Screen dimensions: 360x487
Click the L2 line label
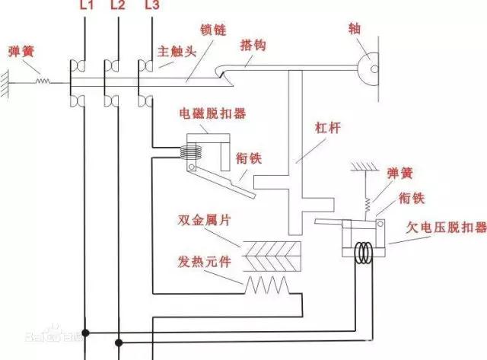tap(117, 7)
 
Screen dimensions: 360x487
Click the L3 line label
tap(151, 7)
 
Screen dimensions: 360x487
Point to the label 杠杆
tap(328, 128)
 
